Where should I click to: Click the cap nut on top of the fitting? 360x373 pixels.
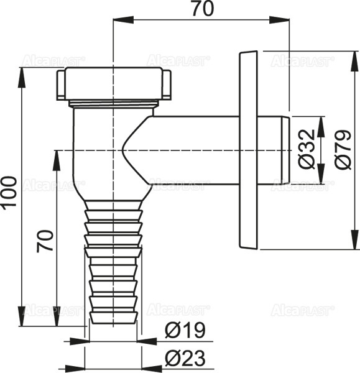click(114, 84)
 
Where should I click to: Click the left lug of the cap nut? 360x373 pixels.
click(61, 84)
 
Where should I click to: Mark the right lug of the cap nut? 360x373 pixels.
click(167, 84)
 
